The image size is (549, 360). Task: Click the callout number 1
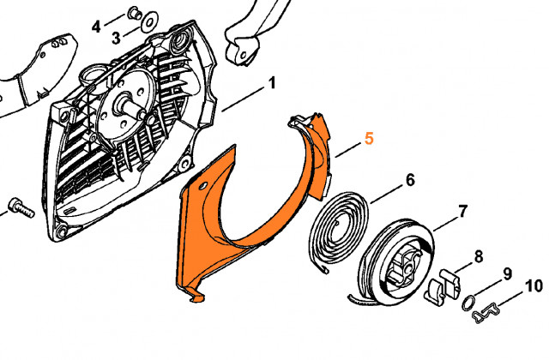(x=272, y=83)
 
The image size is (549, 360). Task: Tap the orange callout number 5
(x=369, y=138)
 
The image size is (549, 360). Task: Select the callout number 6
(x=410, y=180)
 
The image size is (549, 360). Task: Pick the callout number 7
(x=462, y=211)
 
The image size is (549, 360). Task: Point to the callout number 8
(x=478, y=255)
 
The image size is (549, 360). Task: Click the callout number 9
(x=507, y=274)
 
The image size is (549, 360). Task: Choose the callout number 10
(x=533, y=285)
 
